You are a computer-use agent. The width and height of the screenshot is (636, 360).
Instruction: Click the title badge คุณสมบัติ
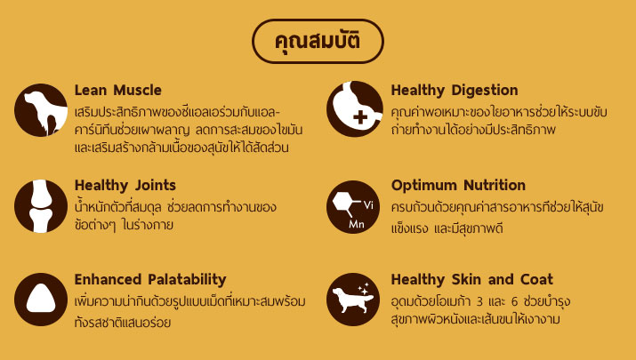(318, 41)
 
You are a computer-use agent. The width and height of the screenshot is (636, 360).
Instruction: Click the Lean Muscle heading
(118, 90)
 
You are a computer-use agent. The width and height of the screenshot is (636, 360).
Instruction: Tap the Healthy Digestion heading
(455, 91)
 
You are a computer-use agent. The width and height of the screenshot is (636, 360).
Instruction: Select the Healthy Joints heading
(125, 186)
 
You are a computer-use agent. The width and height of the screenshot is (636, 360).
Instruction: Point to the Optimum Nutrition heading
(458, 185)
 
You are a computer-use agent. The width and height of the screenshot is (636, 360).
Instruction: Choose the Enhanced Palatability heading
(150, 280)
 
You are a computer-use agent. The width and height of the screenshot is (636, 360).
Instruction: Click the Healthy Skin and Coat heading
(472, 279)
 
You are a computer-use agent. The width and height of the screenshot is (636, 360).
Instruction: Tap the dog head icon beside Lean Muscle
(41, 110)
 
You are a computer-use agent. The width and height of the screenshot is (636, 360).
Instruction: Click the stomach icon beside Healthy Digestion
(354, 108)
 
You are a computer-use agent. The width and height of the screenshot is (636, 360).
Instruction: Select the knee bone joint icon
(41, 206)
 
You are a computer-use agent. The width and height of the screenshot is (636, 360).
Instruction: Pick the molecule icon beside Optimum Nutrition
(353, 207)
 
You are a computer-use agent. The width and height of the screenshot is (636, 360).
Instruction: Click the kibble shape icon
(41, 300)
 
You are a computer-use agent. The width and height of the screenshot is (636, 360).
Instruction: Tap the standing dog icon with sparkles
(353, 300)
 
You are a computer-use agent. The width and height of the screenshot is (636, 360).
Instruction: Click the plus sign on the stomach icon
(360, 117)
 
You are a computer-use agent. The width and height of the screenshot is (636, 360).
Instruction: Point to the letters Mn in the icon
(357, 224)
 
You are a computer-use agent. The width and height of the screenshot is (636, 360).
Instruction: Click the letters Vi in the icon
(368, 205)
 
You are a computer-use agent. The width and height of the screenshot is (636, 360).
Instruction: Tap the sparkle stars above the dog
(364, 289)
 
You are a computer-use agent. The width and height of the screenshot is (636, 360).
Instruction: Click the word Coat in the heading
(536, 279)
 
